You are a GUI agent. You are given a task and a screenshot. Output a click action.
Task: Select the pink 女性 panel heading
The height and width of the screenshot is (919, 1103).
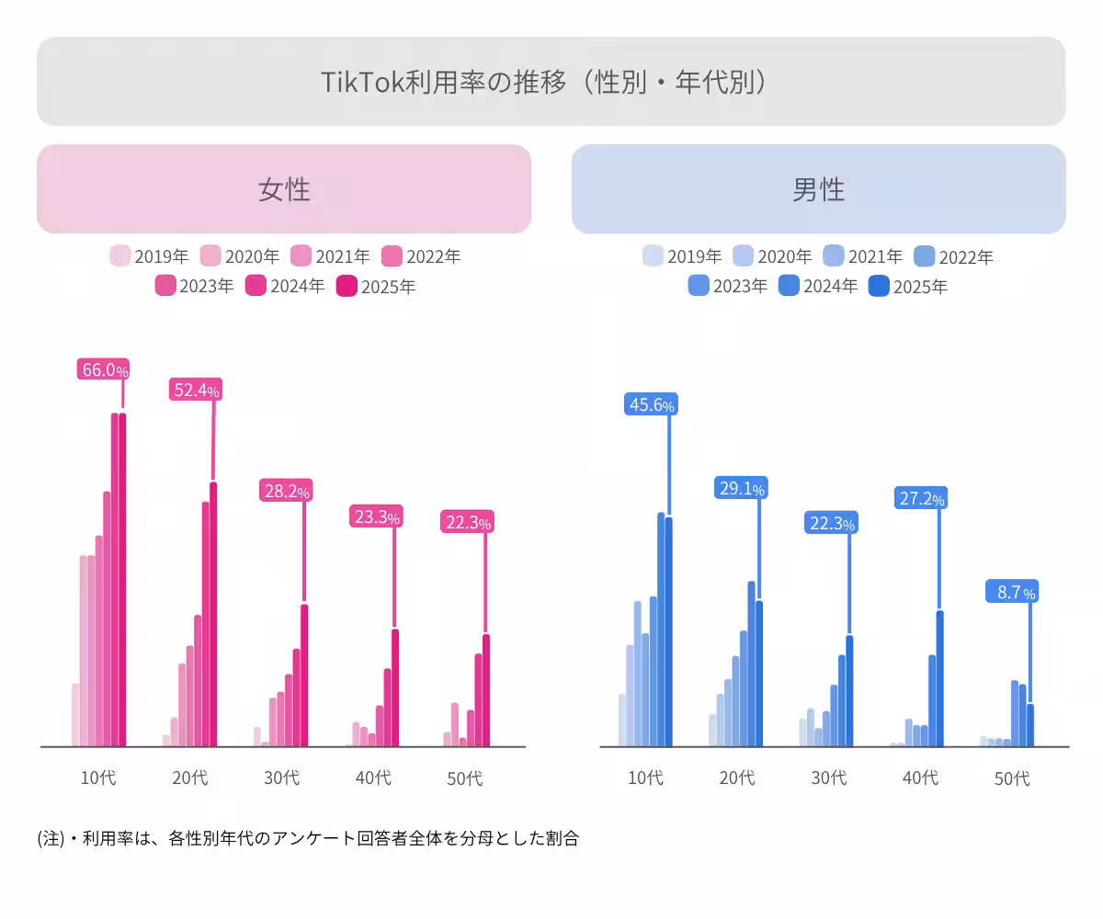[284, 189]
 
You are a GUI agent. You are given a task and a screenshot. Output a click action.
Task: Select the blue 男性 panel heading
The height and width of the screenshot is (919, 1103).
[818, 189]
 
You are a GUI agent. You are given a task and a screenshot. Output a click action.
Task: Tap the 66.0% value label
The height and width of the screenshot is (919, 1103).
[103, 369]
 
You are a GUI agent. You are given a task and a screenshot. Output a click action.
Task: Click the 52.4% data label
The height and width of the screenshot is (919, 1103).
[195, 390]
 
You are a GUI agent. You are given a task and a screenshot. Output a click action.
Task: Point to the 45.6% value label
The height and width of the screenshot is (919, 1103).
[651, 404]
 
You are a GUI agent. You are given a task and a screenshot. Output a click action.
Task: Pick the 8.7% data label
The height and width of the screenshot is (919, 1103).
[1011, 592]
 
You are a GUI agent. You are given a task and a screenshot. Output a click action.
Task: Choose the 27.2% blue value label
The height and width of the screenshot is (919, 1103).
[919, 498]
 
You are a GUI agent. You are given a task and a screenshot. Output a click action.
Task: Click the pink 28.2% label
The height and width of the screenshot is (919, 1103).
[287, 491]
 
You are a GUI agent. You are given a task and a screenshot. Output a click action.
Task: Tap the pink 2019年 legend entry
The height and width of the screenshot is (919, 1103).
[149, 256]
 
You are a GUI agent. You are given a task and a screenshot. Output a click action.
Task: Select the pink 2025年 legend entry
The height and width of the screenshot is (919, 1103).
[376, 286]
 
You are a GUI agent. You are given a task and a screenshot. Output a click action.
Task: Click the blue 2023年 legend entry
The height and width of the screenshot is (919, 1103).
[727, 286]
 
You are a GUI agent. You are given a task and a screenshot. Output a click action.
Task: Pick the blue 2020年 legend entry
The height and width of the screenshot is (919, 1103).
[772, 256]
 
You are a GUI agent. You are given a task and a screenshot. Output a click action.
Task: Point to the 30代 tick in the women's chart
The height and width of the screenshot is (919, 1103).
[281, 777]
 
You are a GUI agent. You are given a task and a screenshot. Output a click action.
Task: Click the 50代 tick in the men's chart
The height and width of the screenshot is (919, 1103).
[1012, 778]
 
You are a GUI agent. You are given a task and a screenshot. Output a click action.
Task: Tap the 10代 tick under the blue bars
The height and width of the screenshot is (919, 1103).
[645, 777]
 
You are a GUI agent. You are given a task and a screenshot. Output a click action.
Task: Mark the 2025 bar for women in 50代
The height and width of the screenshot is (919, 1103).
[486, 690]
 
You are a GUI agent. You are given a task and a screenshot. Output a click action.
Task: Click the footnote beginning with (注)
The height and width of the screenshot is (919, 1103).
[308, 838]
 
